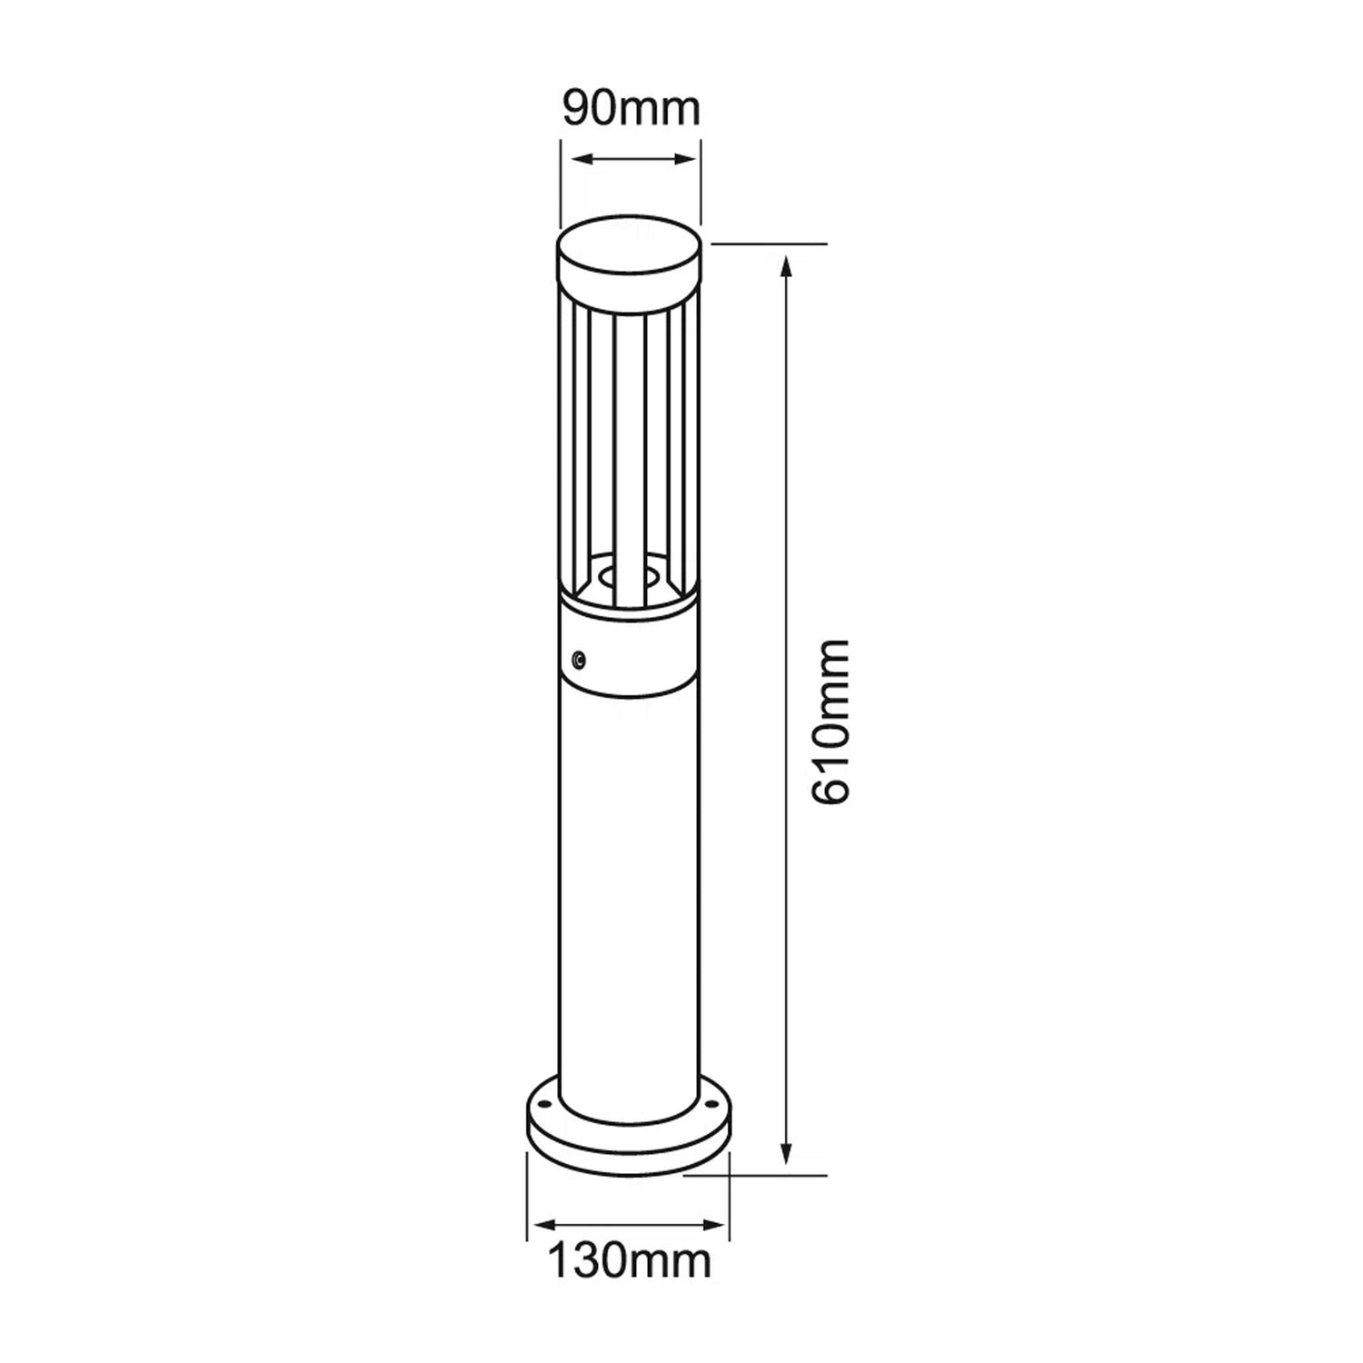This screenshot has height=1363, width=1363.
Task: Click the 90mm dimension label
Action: click(x=631, y=109)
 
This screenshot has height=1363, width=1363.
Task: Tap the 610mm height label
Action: click(x=829, y=721)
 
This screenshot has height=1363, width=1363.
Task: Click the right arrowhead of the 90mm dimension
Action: click(x=684, y=160)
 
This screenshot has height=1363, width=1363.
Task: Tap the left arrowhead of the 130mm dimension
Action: click(x=543, y=1223)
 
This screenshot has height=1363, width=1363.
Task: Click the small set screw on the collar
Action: click(x=579, y=658)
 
